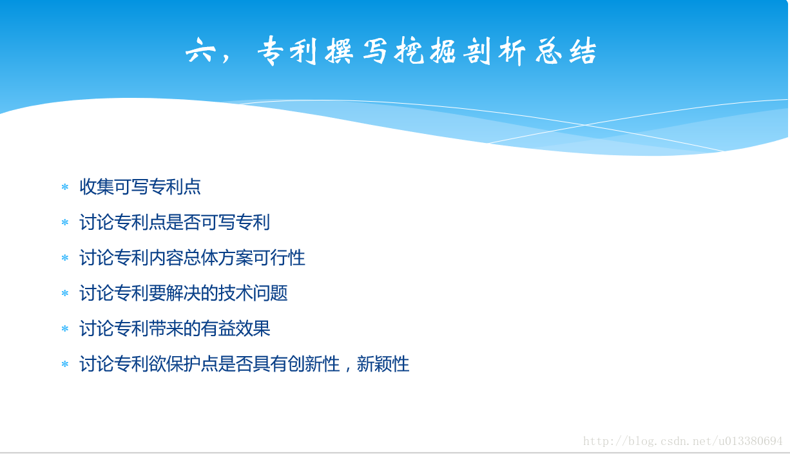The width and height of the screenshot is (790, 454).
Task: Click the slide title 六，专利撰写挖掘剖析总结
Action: (x=391, y=51)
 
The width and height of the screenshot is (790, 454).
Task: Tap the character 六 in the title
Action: (x=200, y=51)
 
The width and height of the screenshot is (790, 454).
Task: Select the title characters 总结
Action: (x=566, y=51)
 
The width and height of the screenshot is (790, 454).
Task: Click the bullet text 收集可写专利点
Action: (x=140, y=187)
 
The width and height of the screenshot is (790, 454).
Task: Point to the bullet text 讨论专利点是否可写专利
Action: (x=175, y=222)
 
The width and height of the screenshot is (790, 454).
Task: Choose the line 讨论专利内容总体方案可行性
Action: (x=192, y=258)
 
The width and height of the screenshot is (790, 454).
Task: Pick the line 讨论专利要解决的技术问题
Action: (x=184, y=293)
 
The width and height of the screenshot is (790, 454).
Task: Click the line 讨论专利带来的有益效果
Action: (x=175, y=328)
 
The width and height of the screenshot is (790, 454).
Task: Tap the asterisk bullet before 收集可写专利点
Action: (x=65, y=187)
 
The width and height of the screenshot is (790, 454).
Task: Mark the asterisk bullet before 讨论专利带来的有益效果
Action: (x=65, y=329)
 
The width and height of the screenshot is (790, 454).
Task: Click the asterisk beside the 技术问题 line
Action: (x=65, y=293)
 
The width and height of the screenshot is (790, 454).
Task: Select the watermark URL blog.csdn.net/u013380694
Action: (x=683, y=441)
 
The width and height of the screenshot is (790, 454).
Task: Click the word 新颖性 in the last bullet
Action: (x=383, y=364)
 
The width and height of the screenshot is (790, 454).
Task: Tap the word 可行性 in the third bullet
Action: (x=279, y=258)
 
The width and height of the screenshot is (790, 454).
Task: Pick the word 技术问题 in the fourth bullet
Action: (x=253, y=293)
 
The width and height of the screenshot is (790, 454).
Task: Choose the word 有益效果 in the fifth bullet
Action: (x=236, y=328)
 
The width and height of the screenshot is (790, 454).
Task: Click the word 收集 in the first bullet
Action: (x=97, y=187)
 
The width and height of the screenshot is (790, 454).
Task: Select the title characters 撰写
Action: (x=356, y=51)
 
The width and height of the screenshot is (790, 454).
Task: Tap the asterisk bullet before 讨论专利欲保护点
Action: (x=65, y=364)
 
